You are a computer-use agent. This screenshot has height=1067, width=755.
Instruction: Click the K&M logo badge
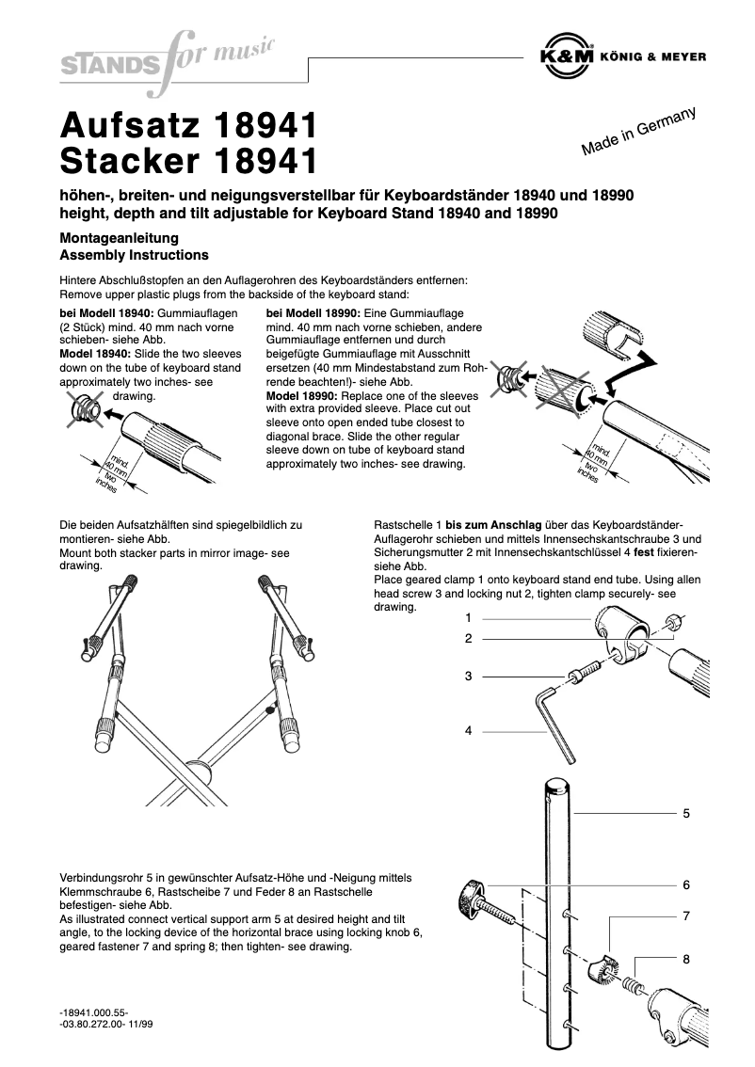click(x=567, y=56)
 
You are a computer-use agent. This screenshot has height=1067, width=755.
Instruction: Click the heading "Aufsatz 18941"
click(x=187, y=126)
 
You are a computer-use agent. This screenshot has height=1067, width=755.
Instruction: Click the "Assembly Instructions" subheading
click(x=134, y=255)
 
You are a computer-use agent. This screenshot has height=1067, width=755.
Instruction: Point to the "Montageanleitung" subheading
click(x=119, y=239)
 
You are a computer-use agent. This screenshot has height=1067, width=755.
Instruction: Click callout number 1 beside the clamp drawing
click(x=468, y=618)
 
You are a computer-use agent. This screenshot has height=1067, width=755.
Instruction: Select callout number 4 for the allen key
click(x=468, y=729)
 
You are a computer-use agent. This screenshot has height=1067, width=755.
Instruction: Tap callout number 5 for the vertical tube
click(x=686, y=812)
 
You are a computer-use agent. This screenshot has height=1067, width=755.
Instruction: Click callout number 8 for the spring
click(x=686, y=960)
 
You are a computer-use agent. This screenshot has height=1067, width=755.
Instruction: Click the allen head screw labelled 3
click(x=583, y=674)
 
